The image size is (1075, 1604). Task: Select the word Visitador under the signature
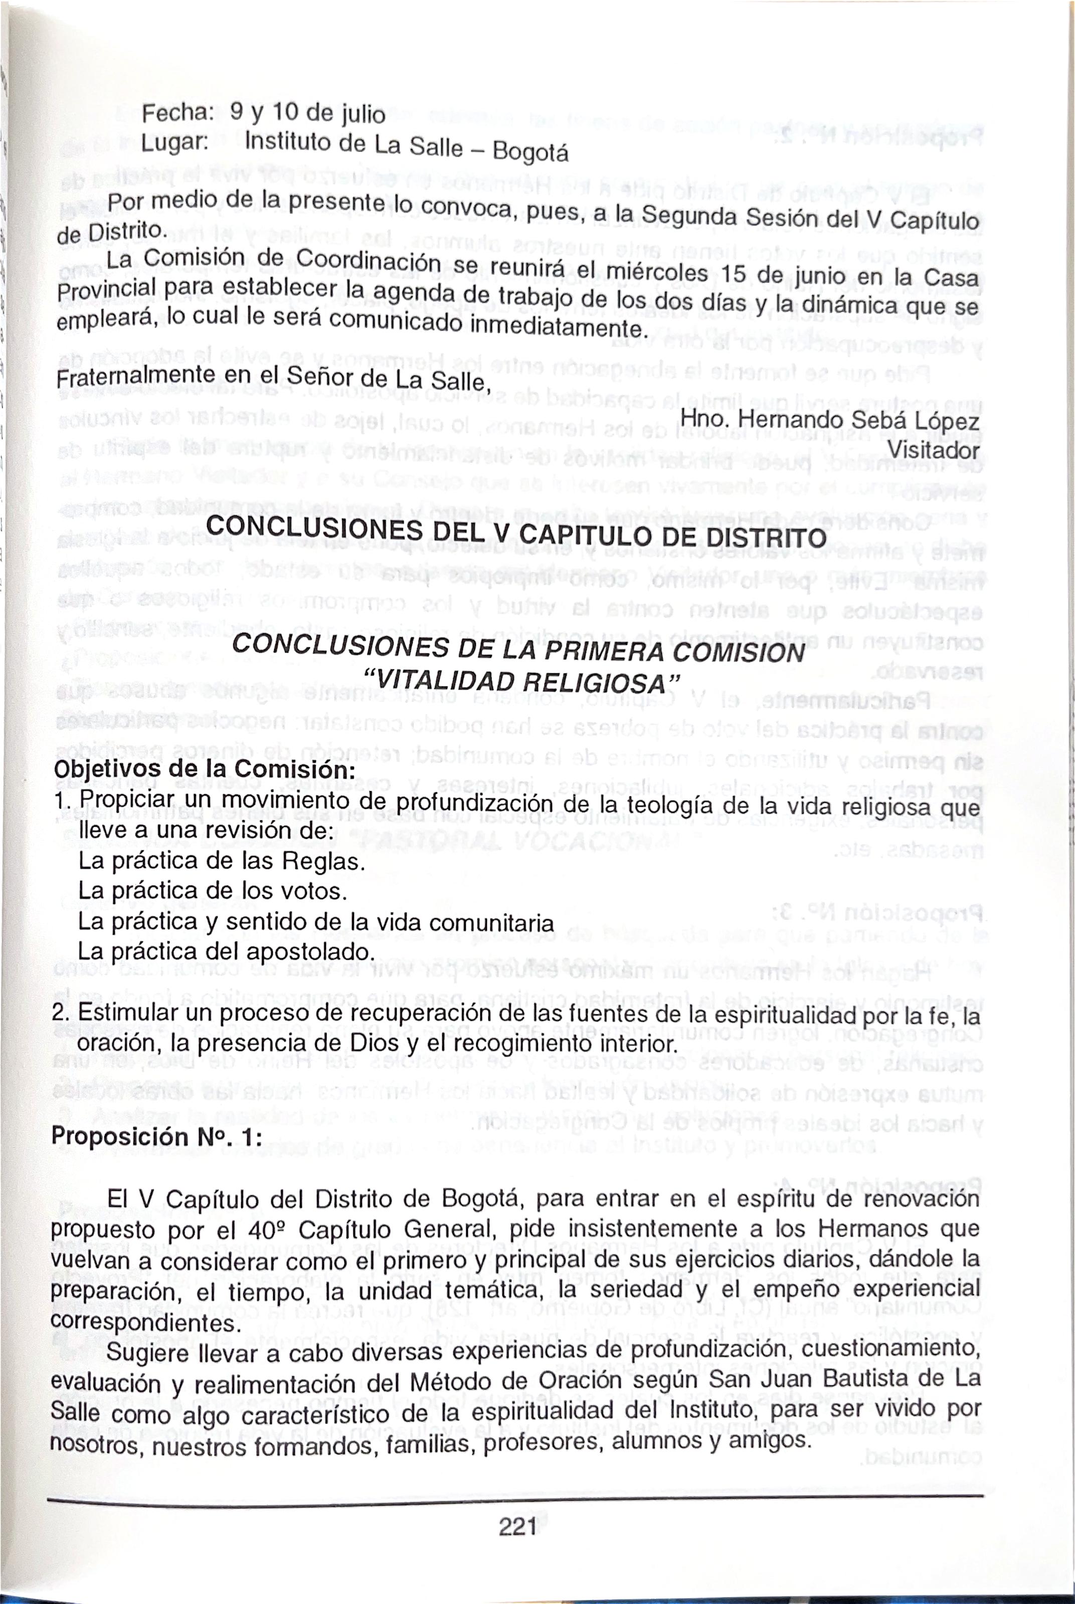click(x=933, y=450)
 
